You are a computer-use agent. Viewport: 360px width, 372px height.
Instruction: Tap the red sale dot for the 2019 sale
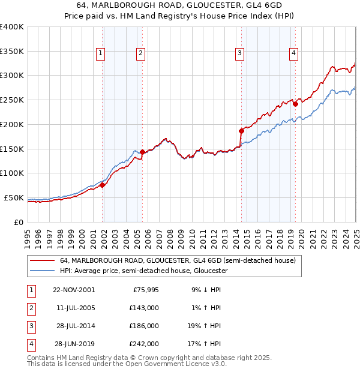pos(296,104)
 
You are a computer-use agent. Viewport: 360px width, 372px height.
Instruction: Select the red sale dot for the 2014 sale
pos(241,130)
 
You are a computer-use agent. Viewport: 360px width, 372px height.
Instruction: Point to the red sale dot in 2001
pos(103,185)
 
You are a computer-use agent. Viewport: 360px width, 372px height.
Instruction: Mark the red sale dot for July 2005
pos(142,152)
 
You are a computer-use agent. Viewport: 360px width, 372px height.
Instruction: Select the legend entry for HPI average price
pos(143,271)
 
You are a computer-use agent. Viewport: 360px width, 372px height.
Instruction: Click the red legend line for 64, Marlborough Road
pos(41,261)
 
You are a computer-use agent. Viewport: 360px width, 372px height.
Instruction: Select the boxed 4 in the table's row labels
pos(30,344)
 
